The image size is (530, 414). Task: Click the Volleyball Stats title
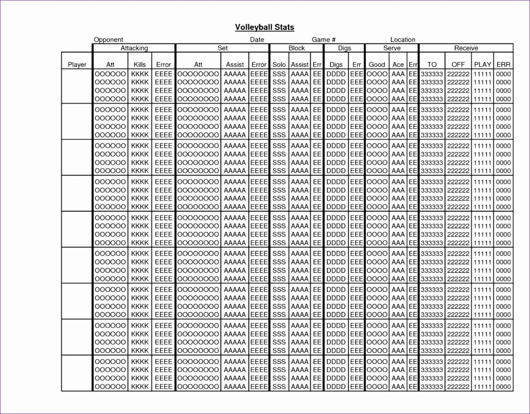(264, 27)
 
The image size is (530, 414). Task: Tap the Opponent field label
(108, 40)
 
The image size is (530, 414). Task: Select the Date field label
(257, 40)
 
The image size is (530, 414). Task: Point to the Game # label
(324, 40)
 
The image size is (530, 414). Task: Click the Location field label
(403, 40)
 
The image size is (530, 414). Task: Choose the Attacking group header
(134, 48)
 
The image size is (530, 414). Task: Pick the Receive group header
(466, 48)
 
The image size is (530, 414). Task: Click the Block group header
(297, 48)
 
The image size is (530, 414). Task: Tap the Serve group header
(392, 48)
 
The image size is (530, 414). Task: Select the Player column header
(77, 65)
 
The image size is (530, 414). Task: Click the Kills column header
(140, 65)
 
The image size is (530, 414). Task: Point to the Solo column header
(279, 65)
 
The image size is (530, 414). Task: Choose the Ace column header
(398, 65)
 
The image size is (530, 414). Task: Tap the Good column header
(377, 65)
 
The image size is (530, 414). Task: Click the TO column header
(432, 65)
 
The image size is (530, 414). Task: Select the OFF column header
(458, 65)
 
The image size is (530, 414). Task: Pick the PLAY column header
(483, 65)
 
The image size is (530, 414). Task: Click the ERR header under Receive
(504, 65)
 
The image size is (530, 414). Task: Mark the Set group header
(223, 48)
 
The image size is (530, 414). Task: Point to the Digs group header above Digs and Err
(344, 48)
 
